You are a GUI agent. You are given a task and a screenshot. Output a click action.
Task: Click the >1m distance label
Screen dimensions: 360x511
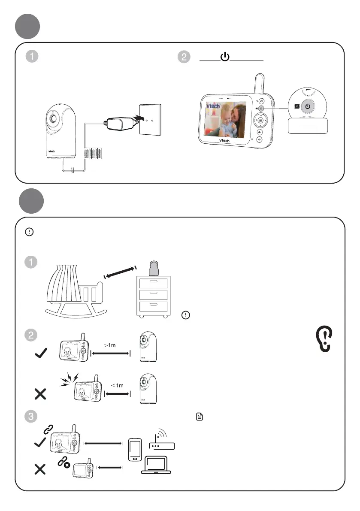(110, 345)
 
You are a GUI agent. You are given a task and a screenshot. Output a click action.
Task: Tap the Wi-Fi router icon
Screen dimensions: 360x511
(161, 440)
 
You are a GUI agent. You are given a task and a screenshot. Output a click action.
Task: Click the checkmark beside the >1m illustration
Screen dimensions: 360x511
(41, 354)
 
